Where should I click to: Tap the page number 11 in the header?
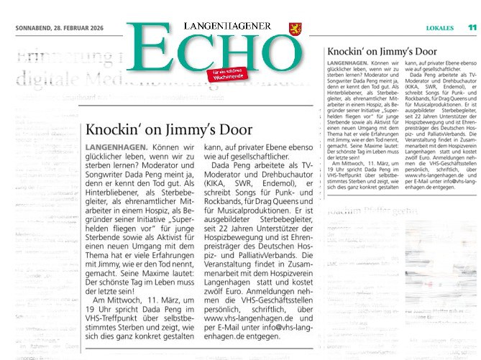point(472,27)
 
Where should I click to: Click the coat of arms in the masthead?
point(292,27)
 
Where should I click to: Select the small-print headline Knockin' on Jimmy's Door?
point(372,52)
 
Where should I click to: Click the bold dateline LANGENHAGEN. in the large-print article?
point(118,148)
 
